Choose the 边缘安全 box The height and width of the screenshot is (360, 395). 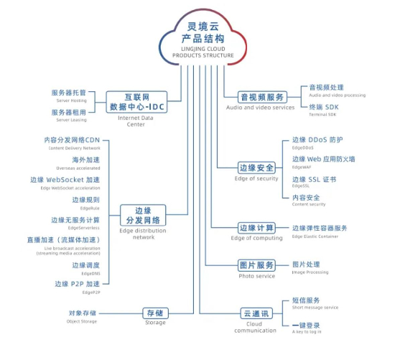pyautogui.click(x=257, y=167)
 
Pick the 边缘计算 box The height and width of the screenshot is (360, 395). pyautogui.click(x=257, y=228)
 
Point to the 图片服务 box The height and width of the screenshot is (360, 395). pyautogui.click(x=257, y=265)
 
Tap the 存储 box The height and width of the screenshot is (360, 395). pyautogui.click(x=154, y=313)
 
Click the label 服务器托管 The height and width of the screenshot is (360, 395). pyautogui.click(x=69, y=93)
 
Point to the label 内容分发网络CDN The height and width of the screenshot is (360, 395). pyautogui.click(x=72, y=140)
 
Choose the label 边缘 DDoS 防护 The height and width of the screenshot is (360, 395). pyautogui.click(x=317, y=139)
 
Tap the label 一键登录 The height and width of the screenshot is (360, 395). pyautogui.click(x=307, y=325)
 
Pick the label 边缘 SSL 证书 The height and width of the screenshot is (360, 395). pyautogui.click(x=314, y=179)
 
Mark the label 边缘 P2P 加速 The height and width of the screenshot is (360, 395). pyautogui.click(x=78, y=285)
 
